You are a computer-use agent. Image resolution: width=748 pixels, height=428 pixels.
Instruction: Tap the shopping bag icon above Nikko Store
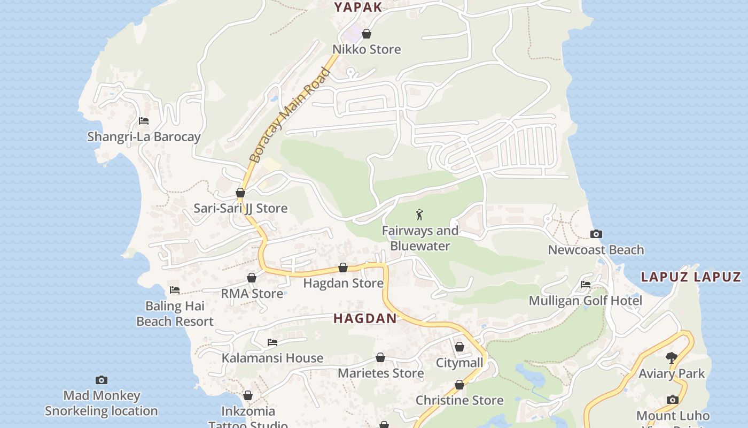(x=367, y=34)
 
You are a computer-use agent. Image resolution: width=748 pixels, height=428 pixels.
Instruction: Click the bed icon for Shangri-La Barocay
(x=144, y=121)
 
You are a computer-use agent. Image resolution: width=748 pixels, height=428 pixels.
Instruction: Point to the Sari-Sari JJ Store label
(x=240, y=208)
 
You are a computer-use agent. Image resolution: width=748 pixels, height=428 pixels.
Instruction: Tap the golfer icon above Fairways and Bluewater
(x=419, y=215)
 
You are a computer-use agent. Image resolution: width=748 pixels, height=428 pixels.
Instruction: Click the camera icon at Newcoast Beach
(x=596, y=234)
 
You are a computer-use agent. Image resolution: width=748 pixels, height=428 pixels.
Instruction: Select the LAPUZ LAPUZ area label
(x=691, y=277)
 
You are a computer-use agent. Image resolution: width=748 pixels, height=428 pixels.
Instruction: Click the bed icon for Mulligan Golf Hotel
(x=586, y=285)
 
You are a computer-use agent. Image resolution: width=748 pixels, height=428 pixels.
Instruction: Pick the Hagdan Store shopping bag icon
(x=343, y=267)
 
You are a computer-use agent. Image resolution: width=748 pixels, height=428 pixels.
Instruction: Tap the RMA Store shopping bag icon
(x=252, y=278)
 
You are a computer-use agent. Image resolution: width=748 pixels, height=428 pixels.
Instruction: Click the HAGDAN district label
(x=365, y=319)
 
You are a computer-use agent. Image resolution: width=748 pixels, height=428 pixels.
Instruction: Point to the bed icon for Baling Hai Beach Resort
(x=175, y=290)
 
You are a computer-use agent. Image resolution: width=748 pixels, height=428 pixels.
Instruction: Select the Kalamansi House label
(x=272, y=358)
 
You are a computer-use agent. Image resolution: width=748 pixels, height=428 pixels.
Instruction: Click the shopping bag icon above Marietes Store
(x=380, y=357)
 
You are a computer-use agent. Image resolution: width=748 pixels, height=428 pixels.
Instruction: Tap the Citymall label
(x=459, y=363)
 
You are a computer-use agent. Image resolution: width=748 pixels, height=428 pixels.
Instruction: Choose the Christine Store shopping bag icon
(x=459, y=385)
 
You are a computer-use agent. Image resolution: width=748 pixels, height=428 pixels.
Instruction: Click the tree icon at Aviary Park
(x=672, y=357)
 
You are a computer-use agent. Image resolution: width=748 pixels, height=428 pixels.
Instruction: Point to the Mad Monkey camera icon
(x=101, y=380)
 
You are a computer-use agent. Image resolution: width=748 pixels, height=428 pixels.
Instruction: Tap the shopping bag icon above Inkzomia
(x=248, y=395)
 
